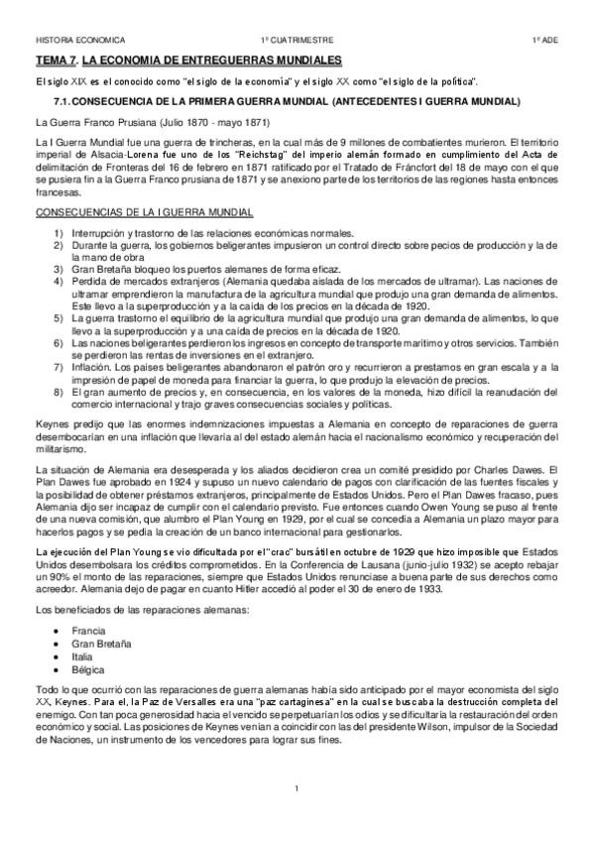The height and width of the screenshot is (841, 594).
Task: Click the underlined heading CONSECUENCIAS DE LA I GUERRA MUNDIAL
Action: coord(144,212)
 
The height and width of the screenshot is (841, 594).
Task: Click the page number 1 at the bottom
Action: coord(297,787)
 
